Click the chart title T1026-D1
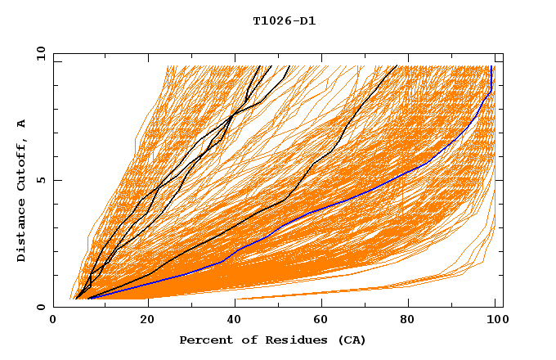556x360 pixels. (284, 21)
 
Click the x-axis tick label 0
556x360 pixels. (53, 320)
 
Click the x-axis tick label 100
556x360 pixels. (495, 320)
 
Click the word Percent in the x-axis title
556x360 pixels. (203, 340)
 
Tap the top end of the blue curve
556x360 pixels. (491, 67)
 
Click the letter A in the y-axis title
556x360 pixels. (22, 124)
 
